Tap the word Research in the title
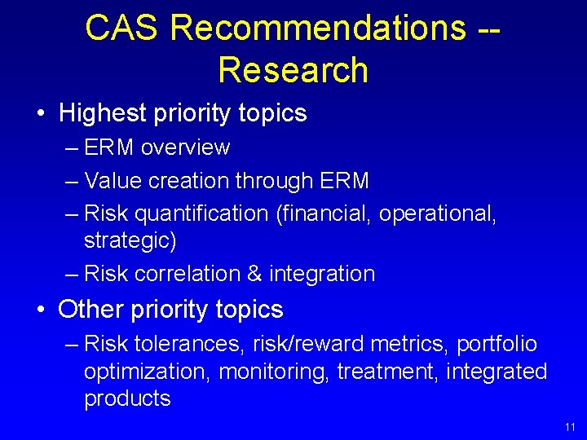pyautogui.click(x=293, y=70)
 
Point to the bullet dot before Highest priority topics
pyautogui.click(x=41, y=114)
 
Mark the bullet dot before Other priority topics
pyautogui.click(x=41, y=310)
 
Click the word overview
pyautogui.click(x=185, y=147)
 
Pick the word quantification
pyautogui.click(x=201, y=213)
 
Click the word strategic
pyautogui.click(x=130, y=241)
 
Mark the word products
pyautogui.click(x=127, y=398)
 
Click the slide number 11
pyautogui.click(x=568, y=427)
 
